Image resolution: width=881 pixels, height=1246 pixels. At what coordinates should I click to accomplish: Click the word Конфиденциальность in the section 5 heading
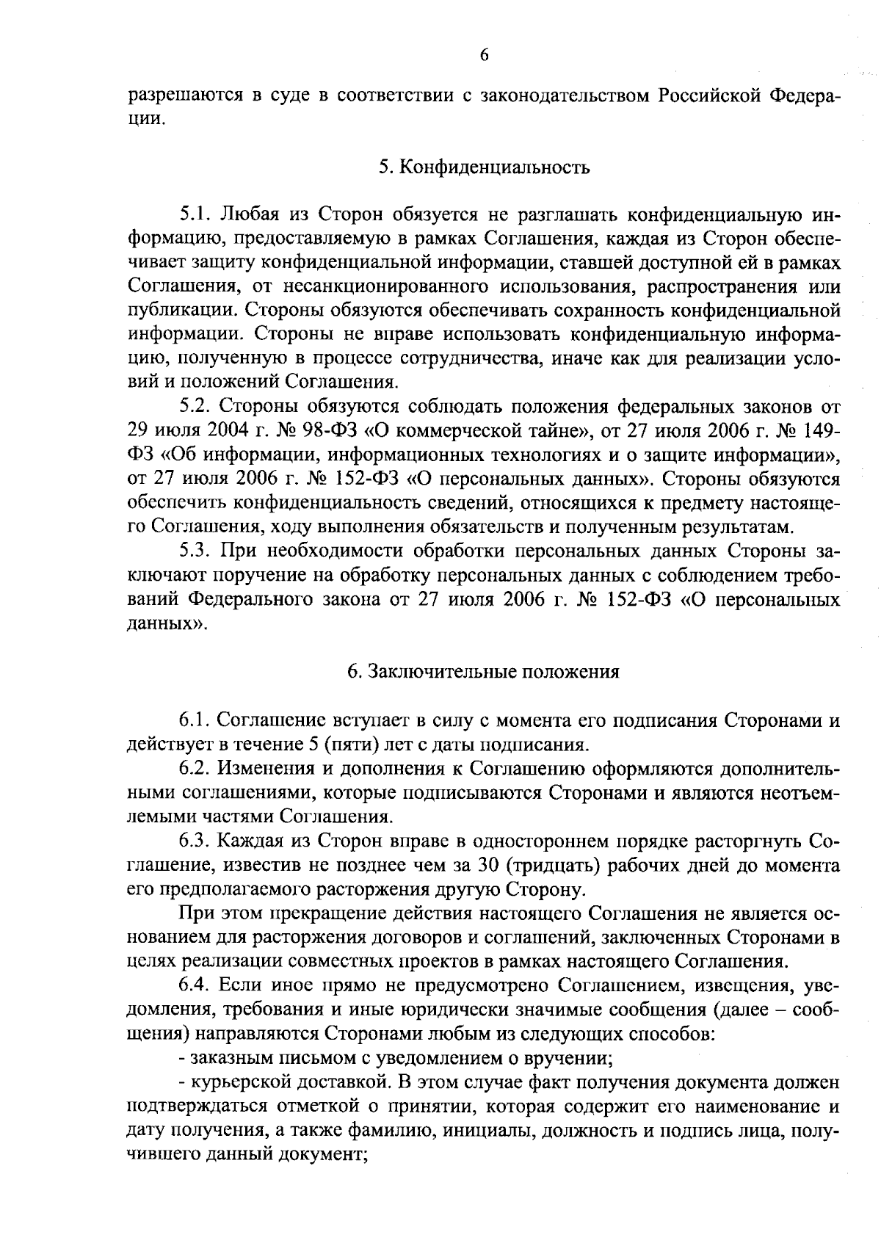tap(494, 167)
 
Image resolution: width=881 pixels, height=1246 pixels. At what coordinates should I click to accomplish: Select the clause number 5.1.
tap(195, 215)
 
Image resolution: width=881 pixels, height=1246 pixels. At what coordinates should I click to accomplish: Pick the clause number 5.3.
tap(195, 551)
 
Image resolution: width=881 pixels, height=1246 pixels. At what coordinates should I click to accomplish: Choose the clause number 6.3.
tap(195, 840)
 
